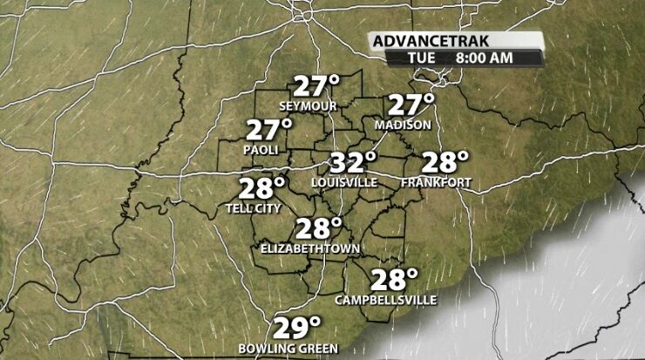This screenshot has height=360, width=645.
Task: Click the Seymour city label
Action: coord(308,106)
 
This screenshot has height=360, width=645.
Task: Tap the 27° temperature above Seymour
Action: coord(316,87)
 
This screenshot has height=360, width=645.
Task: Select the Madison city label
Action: coord(403,126)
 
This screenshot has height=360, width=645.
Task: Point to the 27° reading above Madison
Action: coord(411,105)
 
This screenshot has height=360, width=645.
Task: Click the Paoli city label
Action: coord(261,151)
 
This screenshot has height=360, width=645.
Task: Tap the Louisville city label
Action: coord(344,182)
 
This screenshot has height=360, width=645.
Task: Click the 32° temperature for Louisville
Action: coord(352,162)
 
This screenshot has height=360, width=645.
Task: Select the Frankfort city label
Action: coord(437,182)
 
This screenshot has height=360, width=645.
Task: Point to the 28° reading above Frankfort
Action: coord(445,162)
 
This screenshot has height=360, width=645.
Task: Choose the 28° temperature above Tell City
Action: coord(263,188)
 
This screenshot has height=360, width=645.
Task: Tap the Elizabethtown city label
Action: coord(311,249)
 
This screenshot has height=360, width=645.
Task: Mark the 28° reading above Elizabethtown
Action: coord(318,229)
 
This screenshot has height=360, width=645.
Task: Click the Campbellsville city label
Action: coord(386,301)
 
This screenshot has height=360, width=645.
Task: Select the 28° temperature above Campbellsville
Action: coord(394,280)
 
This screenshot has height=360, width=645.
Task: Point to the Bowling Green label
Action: coord(289,350)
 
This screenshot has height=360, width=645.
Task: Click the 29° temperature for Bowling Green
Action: coord(297,329)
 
